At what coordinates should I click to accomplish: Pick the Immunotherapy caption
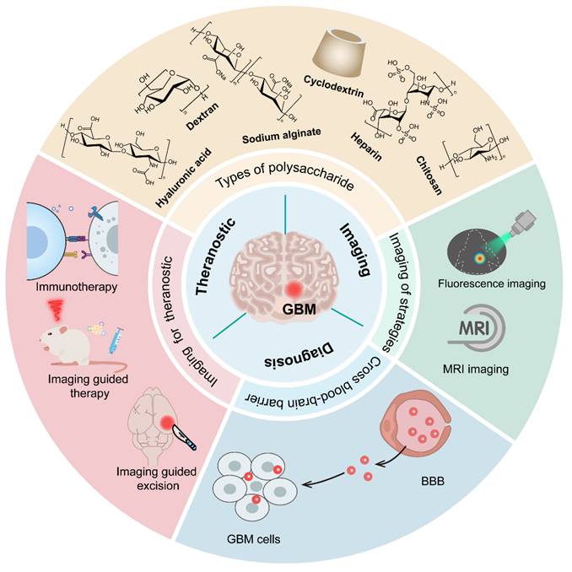tap(72, 287)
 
